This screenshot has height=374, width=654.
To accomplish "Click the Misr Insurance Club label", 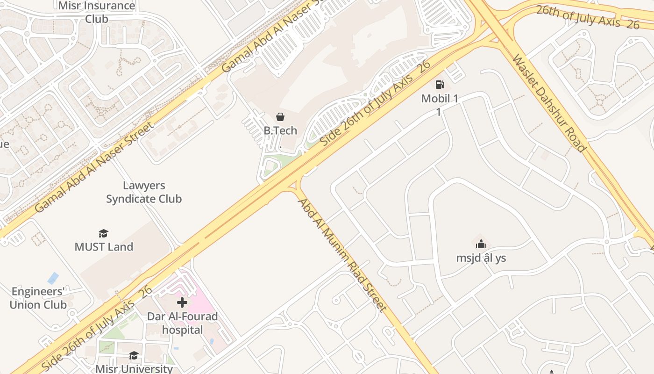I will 97,12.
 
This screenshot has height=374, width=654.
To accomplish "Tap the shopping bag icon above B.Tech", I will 280,117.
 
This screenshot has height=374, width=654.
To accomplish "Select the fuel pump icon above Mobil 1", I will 440,85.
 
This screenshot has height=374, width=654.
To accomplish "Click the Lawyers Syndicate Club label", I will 144,192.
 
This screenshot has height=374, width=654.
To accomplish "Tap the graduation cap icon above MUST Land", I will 103,233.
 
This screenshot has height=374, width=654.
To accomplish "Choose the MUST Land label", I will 104,246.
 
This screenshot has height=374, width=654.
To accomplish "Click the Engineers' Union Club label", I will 38,298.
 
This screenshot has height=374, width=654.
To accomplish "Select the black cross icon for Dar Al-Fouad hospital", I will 182,302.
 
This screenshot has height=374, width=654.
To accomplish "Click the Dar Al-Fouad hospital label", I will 182,323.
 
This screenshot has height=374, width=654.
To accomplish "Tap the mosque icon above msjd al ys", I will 481,244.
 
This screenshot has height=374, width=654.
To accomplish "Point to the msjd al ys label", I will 481,258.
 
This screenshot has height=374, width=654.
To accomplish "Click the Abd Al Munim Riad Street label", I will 342,255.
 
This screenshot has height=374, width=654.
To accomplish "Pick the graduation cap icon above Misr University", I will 134,355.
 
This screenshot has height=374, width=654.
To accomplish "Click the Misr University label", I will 134,368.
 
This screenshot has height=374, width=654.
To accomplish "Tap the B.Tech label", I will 280,130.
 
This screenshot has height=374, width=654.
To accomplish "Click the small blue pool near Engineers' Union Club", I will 53,278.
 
